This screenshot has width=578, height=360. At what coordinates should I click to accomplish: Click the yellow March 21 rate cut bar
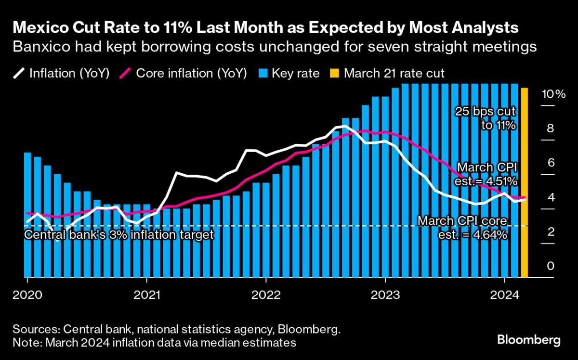click(x=525, y=183)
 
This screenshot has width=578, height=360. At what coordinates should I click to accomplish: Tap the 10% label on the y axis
click(x=553, y=94)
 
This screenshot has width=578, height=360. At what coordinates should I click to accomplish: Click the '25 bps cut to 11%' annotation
click(x=486, y=118)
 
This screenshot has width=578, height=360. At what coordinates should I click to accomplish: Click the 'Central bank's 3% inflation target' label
click(x=118, y=235)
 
